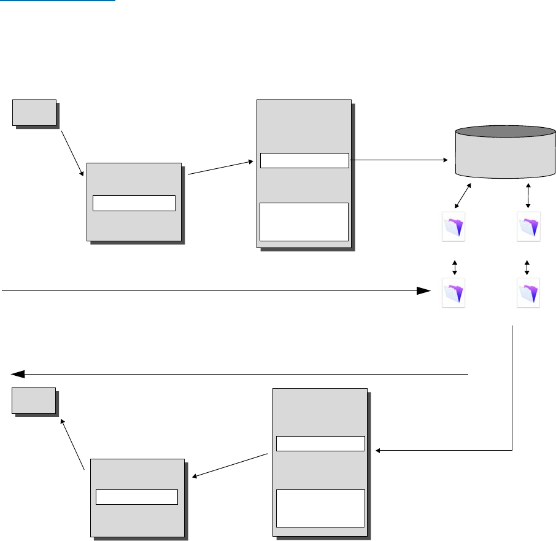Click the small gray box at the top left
35,112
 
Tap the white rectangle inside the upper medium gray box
134,203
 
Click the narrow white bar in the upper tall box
304,160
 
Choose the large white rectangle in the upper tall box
304,221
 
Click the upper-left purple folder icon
454,225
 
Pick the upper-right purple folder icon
529,225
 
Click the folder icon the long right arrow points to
454,292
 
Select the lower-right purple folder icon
529,292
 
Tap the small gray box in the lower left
34,400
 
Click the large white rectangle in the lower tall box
320,508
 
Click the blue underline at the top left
58,1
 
